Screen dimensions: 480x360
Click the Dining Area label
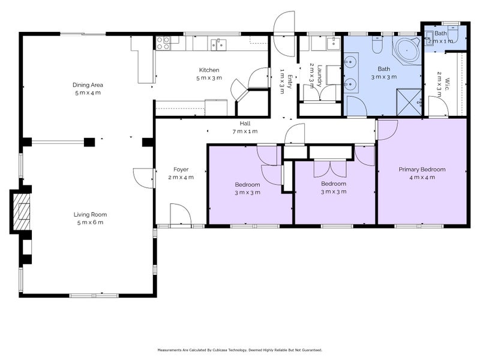click(x=88, y=85)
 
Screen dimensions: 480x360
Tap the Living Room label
click(x=90, y=215)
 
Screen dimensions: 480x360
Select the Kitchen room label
click(x=209, y=70)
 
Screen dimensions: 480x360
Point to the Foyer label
click(x=181, y=169)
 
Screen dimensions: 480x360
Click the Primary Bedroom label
click(x=422, y=169)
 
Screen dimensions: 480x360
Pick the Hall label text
click(x=245, y=124)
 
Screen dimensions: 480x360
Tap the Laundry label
click(x=320, y=76)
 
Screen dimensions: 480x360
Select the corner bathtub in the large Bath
click(x=407, y=50)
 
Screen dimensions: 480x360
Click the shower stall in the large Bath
click(x=409, y=103)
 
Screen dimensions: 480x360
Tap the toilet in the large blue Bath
click(x=377, y=44)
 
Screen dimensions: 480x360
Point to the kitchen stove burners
click(x=163, y=43)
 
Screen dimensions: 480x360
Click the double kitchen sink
click(x=218, y=44)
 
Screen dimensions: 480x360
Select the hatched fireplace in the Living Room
click(x=21, y=212)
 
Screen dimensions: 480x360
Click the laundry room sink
click(x=333, y=43)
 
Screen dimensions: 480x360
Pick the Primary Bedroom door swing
click(x=388, y=130)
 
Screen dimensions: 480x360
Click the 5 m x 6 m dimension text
click(x=90, y=223)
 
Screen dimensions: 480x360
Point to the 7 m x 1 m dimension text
click(x=245, y=131)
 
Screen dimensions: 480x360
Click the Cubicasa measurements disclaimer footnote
click(x=239, y=350)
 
